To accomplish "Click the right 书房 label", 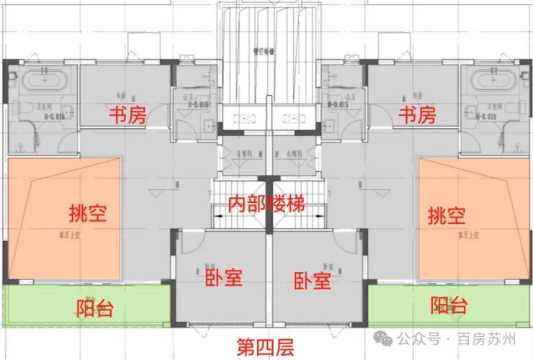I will coord(417,115).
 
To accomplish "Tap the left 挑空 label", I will coord(87,214).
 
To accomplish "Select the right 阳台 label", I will coord(449,306).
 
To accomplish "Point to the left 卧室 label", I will coord(223,277).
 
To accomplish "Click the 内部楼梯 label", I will coord(266,203).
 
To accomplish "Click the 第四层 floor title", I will coord(266,349).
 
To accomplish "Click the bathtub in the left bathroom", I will coord(42,78).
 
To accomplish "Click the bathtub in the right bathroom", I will coord(491,78).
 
